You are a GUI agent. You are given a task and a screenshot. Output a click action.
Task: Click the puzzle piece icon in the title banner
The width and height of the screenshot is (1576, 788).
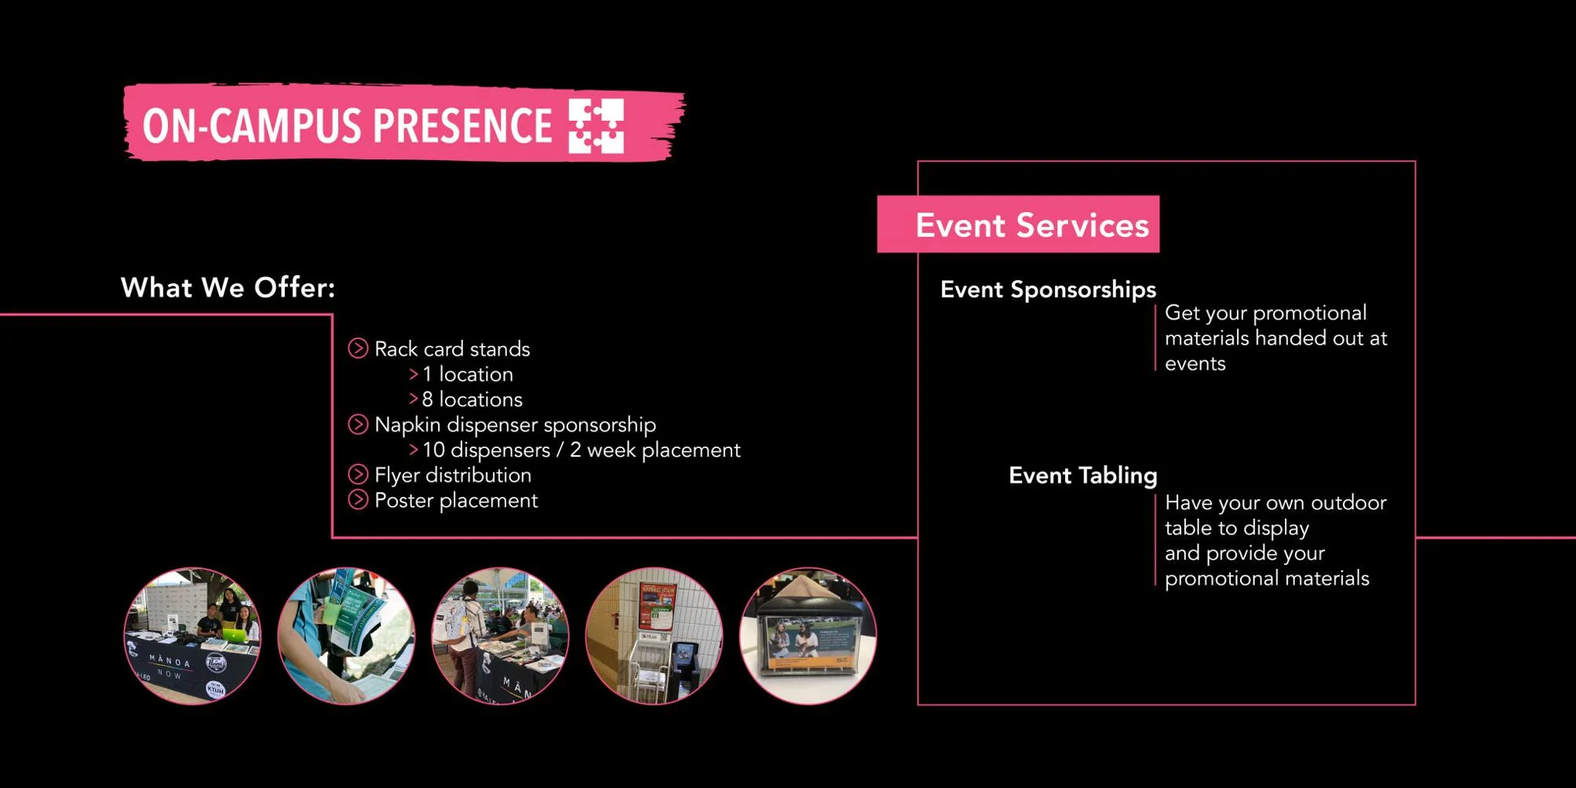pyautogui.click(x=596, y=126)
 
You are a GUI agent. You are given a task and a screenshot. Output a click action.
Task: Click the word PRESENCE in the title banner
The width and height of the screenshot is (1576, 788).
pyautogui.click(x=462, y=126)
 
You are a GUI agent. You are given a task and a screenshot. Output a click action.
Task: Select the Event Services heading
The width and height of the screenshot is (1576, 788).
pyautogui.click(x=1031, y=225)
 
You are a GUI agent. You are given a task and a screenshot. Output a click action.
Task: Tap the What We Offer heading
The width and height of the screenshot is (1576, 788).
pyautogui.click(x=228, y=288)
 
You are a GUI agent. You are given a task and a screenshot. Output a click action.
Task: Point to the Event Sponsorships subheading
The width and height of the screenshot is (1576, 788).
pyautogui.click(x=1048, y=290)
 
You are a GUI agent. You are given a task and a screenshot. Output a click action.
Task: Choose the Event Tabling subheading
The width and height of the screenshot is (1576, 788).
pyautogui.click(x=1082, y=476)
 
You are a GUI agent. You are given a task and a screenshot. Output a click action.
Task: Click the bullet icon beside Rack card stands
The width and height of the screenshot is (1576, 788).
pyautogui.click(x=358, y=348)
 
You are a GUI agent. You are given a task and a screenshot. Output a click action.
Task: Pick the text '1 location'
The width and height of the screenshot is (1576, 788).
pyautogui.click(x=467, y=374)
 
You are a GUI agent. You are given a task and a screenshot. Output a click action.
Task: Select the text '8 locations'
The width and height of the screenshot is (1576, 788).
pyautogui.click(x=472, y=399)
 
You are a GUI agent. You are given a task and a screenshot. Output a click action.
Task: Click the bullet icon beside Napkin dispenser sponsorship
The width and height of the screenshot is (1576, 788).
pyautogui.click(x=358, y=425)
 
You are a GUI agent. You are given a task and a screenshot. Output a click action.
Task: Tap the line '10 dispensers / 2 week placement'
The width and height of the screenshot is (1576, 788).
pyautogui.click(x=581, y=450)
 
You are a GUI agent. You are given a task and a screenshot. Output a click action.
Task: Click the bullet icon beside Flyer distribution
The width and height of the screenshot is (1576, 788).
pyautogui.click(x=358, y=475)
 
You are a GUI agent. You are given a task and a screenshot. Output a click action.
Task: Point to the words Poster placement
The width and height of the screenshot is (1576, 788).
pyautogui.click(x=455, y=501)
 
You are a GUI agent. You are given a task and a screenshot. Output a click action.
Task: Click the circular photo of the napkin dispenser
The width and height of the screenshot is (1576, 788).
pyautogui.click(x=808, y=636)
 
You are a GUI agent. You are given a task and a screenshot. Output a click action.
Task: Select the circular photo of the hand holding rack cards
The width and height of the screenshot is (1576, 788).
pyautogui.click(x=346, y=636)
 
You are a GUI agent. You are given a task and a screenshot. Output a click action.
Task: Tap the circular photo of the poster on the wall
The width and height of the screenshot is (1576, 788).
pyautogui.click(x=654, y=636)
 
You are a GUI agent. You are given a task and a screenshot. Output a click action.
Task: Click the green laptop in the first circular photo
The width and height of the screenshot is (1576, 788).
pyautogui.click(x=235, y=635)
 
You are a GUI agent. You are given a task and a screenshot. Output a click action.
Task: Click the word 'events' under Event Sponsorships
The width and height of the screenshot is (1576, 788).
pyautogui.click(x=1195, y=363)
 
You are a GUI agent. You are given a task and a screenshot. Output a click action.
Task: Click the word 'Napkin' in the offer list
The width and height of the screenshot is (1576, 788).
pyautogui.click(x=407, y=425)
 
